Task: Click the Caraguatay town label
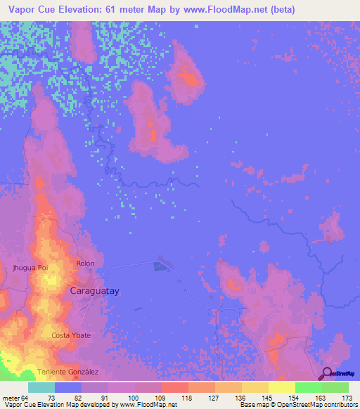pyautogui.click(x=94, y=290)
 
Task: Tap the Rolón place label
pyautogui.click(x=85, y=263)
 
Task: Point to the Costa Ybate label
pyautogui.click(x=71, y=335)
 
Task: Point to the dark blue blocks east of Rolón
pyautogui.click(x=161, y=266)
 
